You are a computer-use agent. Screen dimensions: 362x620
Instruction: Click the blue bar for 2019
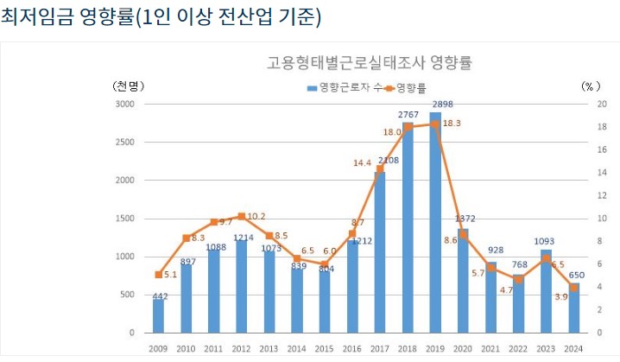(435, 225)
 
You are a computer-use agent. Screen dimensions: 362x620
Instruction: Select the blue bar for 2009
(159, 316)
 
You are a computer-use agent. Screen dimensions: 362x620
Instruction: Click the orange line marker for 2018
(408, 127)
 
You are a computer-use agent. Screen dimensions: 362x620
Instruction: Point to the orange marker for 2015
(325, 264)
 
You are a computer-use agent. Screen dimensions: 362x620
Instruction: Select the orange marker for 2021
(491, 267)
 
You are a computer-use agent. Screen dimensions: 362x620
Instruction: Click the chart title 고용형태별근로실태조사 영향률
(374, 63)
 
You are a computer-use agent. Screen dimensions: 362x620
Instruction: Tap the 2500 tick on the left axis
(125, 142)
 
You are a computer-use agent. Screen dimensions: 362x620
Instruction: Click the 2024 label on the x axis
(573, 349)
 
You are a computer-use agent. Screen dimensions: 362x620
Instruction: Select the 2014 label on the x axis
(297, 349)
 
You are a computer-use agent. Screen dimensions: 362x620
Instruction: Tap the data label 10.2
(256, 216)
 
